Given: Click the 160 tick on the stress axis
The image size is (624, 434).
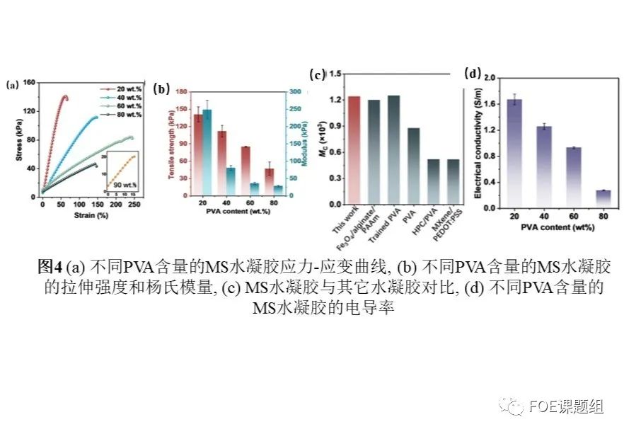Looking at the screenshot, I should pos(29,83).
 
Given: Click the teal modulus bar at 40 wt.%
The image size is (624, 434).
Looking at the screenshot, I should pos(231,181).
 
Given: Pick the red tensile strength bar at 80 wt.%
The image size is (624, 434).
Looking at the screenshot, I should pos(250,182).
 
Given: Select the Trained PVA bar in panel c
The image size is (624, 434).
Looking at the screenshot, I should pos(393,149).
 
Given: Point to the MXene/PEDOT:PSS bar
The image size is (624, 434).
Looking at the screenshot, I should pos(453,181).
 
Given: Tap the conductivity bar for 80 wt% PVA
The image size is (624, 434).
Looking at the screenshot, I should pos(603,198).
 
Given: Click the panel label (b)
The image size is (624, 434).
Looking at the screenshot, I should pos(163,89).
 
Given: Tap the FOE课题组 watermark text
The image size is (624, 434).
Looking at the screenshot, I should pos(565,406).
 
